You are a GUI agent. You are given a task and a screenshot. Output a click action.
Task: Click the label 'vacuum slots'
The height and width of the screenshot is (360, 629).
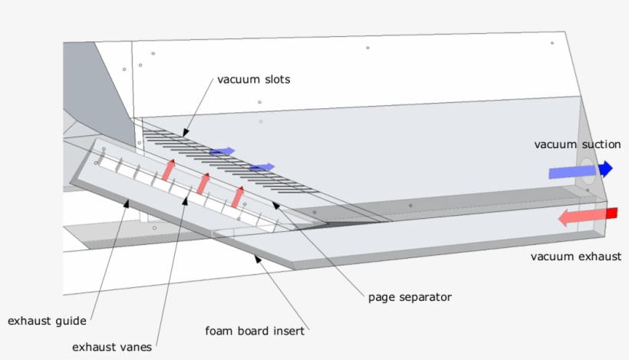pyautogui.click(x=254, y=79)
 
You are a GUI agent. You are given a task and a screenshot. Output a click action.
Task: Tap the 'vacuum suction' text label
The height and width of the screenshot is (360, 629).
pyautogui.click(x=577, y=144)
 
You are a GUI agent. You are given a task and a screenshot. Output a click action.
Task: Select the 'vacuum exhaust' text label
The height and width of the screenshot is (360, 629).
pyautogui.click(x=576, y=256)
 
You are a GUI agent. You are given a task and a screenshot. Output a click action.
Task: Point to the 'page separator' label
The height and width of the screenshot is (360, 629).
pyautogui.click(x=410, y=296)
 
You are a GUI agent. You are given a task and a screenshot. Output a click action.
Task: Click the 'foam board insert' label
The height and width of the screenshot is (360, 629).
pyautogui.click(x=255, y=332)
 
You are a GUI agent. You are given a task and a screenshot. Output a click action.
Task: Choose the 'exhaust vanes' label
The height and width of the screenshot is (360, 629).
pyautogui.click(x=112, y=347)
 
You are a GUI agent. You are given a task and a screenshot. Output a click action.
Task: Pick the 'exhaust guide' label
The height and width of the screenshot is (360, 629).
pyautogui.click(x=47, y=320)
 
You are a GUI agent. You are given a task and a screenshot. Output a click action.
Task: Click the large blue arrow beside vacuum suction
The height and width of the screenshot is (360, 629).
pyautogui.click(x=580, y=170)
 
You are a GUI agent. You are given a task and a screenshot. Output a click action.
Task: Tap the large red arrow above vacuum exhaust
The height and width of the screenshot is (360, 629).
pyautogui.click(x=587, y=216)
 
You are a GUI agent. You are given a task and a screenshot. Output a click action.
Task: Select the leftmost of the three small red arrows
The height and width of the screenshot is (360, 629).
pyautogui.click(x=169, y=170)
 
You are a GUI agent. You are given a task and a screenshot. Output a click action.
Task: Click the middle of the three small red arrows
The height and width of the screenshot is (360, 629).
pyautogui.click(x=203, y=183)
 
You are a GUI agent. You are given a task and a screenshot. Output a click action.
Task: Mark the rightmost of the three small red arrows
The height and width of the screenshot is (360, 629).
pyautogui.click(x=238, y=196)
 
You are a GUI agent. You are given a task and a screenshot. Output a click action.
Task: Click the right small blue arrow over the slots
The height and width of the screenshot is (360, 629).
pyautogui.click(x=262, y=167)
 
